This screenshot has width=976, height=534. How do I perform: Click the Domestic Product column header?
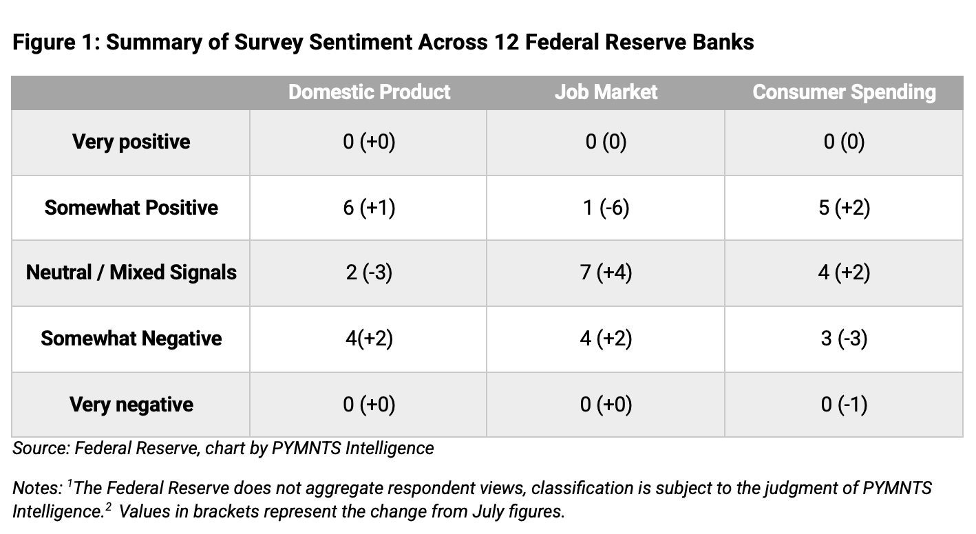pos(369,92)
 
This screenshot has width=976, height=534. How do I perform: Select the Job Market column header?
pos(606,92)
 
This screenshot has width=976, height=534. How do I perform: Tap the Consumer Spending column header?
pos(844,92)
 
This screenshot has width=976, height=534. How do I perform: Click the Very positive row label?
pos(131,142)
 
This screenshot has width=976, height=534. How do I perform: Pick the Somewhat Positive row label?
pos(131,208)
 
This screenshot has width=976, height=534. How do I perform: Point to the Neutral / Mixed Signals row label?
pos(131,273)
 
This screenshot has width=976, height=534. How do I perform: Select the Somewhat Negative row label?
pos(131,339)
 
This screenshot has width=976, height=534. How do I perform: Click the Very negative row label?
pos(131,405)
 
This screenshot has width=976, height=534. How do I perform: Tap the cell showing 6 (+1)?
pos(369,208)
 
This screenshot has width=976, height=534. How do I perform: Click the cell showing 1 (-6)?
pos(606,208)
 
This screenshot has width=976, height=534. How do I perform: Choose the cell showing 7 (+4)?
pos(606,273)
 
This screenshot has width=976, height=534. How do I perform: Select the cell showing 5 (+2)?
pos(844,208)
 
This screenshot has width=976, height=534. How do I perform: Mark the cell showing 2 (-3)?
pos(369,273)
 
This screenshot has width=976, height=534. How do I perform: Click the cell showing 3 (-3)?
pos(844,339)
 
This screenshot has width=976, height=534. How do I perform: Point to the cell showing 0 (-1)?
pos(844,405)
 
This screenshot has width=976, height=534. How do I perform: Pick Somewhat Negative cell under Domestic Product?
pos(369,339)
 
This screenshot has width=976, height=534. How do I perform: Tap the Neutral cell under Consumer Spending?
pos(844,273)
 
